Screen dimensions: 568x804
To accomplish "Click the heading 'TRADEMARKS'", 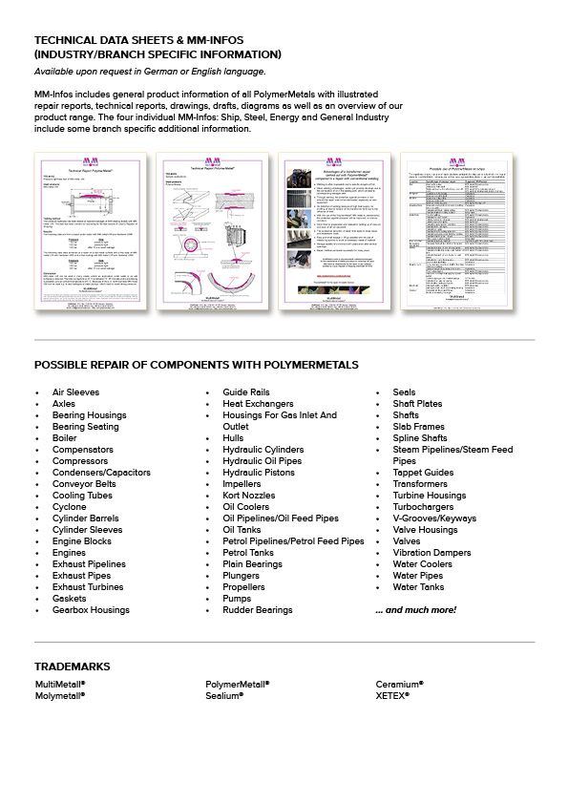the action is (72, 666).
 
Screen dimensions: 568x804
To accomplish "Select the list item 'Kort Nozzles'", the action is (248, 496).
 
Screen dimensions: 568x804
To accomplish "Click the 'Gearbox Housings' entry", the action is (91, 610).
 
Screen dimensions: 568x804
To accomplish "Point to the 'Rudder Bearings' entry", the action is (258, 610).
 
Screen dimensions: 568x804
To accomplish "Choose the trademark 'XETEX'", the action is (392, 695).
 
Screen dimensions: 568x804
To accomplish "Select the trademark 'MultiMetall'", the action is (60, 685).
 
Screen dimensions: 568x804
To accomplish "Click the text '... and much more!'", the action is (415, 610).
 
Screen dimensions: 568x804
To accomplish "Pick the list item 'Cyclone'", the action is (69, 507).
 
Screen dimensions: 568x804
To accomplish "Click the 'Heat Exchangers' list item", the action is (258, 404).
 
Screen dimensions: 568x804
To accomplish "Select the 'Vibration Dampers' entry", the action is (431, 553).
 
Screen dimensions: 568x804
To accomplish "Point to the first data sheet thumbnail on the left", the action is (86, 230).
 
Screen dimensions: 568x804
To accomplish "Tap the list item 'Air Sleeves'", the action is (75, 392).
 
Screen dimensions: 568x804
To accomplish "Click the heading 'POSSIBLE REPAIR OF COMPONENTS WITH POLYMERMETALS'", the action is (196, 365).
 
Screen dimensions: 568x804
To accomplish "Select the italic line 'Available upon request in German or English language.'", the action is (150, 72).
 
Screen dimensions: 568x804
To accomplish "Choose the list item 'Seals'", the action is (404, 392).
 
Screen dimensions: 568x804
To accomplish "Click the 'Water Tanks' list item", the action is (418, 587).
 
